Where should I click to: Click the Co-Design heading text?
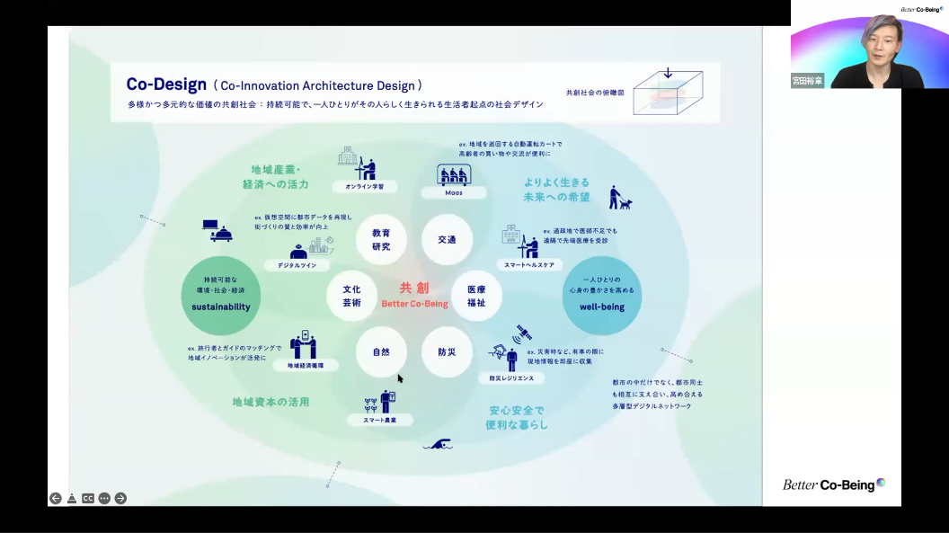pos(166,84)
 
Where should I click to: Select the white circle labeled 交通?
pos(447,240)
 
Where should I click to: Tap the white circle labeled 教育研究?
pos(380,240)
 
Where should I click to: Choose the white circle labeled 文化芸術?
pos(351,296)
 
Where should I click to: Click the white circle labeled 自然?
pos(381,351)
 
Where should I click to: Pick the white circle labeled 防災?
pos(447,351)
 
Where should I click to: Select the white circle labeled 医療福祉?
pos(475,296)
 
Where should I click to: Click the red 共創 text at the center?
pos(414,288)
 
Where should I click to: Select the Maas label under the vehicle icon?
pos(454,192)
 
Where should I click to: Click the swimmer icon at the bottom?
pos(438,445)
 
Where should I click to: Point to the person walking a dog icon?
pos(618,198)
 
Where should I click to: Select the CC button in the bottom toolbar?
pos(88,498)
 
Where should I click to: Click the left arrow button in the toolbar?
pos(56,498)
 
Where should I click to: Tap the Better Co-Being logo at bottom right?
pos(833,484)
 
